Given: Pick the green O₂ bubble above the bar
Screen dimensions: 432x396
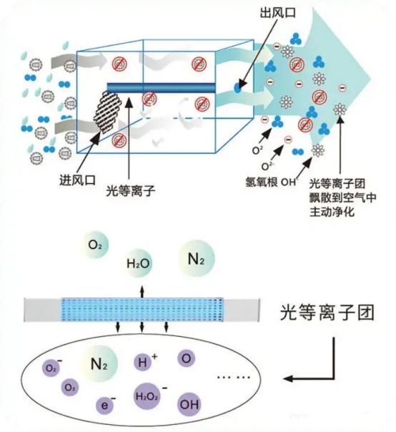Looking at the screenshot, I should click(96, 245).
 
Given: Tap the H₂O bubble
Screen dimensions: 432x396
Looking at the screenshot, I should click(139, 263).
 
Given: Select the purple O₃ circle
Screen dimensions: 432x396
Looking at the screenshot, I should click(69, 387).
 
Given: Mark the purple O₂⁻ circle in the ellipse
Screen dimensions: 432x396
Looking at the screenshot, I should click(52, 369).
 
